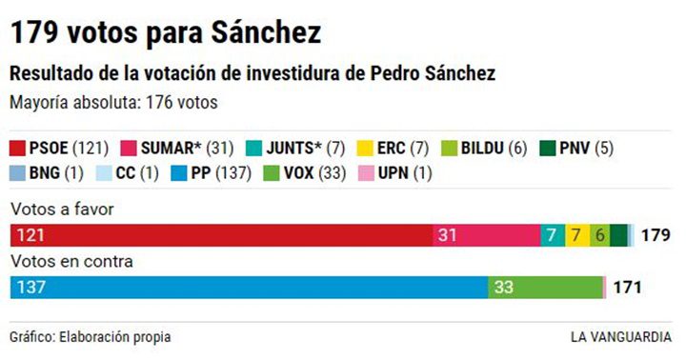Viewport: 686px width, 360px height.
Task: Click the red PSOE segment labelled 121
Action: point(219,235)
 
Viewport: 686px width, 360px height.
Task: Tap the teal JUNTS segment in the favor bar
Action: point(552,235)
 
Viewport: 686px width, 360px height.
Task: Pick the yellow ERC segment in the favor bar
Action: point(576,235)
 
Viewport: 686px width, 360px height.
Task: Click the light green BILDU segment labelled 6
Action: point(599,235)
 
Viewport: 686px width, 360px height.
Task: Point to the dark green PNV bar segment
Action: point(618,235)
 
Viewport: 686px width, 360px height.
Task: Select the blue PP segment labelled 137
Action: point(248,286)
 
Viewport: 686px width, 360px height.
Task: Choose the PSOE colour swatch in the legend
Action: point(18,149)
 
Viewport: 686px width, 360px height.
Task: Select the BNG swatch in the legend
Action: point(18,173)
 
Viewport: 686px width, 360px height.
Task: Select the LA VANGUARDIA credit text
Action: point(620,337)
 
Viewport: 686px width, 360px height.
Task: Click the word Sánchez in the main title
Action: point(256,32)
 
